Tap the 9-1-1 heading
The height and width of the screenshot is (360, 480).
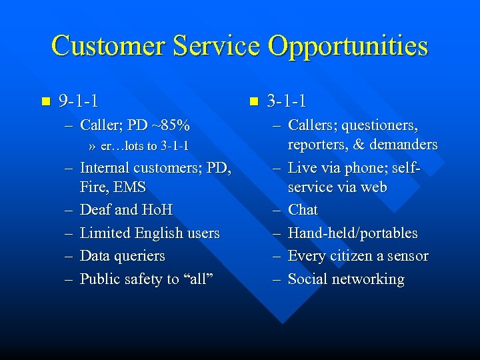[79, 102]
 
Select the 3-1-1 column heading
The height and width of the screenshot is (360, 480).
[287, 102]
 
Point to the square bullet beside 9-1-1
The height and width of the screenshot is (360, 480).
[45, 102]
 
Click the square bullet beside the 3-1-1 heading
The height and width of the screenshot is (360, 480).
[253, 102]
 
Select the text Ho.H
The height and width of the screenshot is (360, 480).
[157, 210]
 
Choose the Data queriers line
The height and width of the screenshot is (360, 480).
[122, 256]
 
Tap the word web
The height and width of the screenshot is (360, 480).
[373, 187]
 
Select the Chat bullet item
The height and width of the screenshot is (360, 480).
[303, 210]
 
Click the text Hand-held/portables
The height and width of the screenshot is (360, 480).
[353, 233]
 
